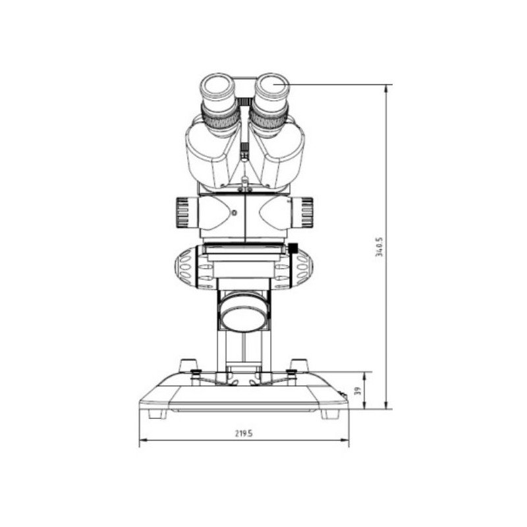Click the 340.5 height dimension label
(x=379, y=247)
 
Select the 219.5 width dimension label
(x=244, y=433)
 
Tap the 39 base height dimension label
(x=358, y=391)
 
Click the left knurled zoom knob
(x=182, y=213)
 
